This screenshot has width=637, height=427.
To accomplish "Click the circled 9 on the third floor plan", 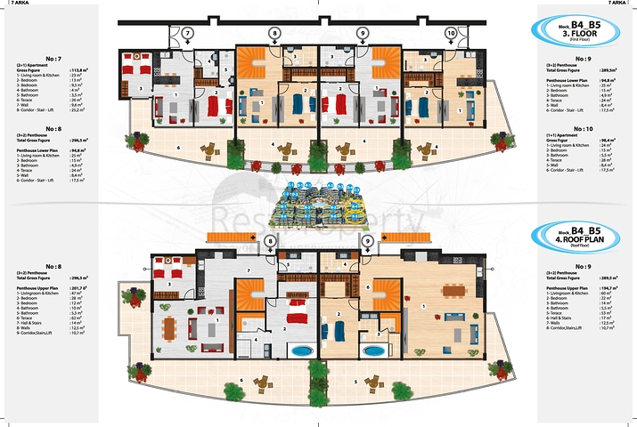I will pyautogui.click(x=363, y=33).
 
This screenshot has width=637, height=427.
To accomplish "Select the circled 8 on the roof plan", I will pyautogui.click(x=270, y=241).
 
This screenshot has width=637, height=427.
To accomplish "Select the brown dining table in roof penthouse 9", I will pyautogui.click(x=453, y=289).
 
